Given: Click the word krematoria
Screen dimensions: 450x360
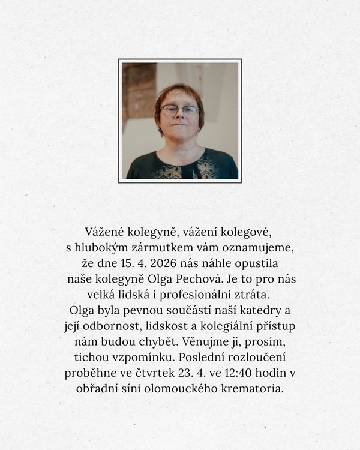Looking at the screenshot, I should [253, 389].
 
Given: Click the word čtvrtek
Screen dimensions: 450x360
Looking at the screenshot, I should [181, 373].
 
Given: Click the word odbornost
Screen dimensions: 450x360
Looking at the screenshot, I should [115, 326].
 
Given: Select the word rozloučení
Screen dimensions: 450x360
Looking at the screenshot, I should [262, 358].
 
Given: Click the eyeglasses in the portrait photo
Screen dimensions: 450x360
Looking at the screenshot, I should [179, 110].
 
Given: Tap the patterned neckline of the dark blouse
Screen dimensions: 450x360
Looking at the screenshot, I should [180, 169].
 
